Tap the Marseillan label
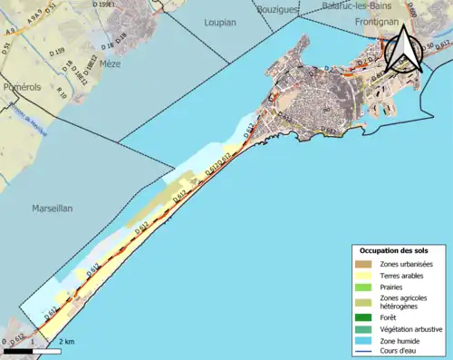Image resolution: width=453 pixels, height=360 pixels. (52, 208)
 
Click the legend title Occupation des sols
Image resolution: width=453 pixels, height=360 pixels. (394, 250)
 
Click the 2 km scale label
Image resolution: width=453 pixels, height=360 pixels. (66, 341)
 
